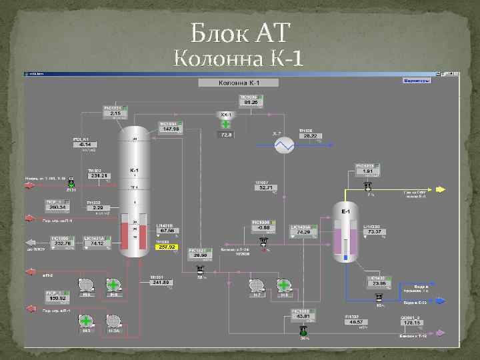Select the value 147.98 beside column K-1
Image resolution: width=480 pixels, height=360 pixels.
coord(171,129)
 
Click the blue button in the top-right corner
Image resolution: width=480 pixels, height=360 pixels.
coord(417,81)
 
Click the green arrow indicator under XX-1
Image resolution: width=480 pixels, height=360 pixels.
coord(226,124)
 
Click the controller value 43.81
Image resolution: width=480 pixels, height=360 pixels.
coord(304,316)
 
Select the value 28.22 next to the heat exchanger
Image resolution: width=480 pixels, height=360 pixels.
coord(309,136)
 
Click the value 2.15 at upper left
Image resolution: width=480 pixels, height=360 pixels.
coord(115,113)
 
